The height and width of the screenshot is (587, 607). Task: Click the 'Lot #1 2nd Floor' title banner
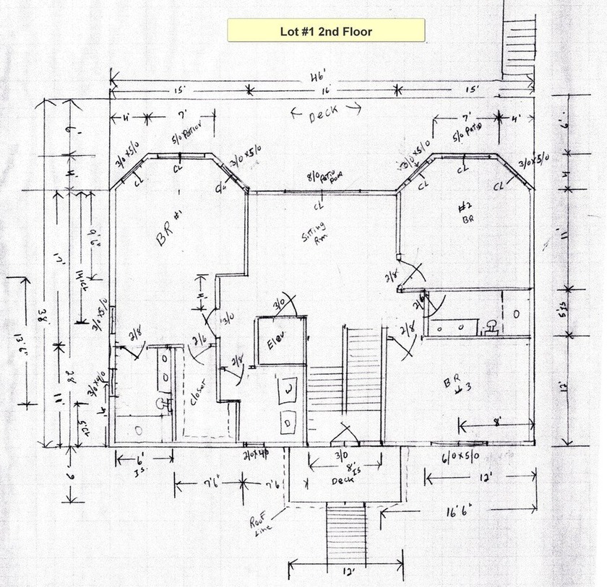click(x=326, y=31)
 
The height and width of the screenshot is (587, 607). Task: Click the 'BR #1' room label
click(x=168, y=237)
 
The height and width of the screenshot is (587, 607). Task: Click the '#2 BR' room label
click(x=466, y=214)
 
